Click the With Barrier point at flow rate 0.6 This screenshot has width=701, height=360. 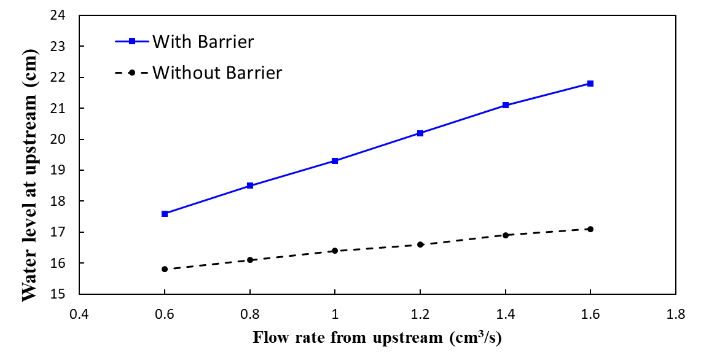click(x=165, y=214)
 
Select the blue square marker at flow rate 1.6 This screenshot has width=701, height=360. click(x=590, y=84)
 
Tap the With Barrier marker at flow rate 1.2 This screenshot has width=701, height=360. click(x=420, y=133)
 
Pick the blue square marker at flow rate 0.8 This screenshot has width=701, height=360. click(x=250, y=186)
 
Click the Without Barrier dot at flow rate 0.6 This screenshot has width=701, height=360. click(x=165, y=269)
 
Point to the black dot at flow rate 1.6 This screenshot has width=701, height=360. click(x=590, y=229)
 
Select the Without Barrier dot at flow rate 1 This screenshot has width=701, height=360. click(x=335, y=251)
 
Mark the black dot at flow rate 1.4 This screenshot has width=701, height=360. click(x=506, y=235)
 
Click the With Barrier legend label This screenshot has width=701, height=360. click(x=203, y=42)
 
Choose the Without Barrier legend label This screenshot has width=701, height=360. click(x=217, y=72)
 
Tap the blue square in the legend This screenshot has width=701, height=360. click(x=131, y=41)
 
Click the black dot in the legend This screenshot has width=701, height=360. click(x=131, y=72)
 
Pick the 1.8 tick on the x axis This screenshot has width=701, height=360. click(x=675, y=315)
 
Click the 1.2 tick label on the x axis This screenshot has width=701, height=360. click(x=420, y=315)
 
